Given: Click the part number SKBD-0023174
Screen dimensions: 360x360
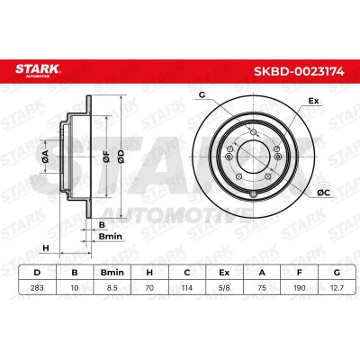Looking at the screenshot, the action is (x=299, y=71).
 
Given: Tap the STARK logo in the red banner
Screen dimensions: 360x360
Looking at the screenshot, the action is (x=38, y=70).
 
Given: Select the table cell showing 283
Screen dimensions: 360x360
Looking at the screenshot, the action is (x=37, y=288).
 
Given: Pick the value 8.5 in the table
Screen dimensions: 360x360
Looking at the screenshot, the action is (x=112, y=288).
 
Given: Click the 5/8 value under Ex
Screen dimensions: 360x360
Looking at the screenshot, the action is (x=224, y=288).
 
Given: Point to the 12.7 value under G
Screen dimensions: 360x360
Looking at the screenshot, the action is (x=337, y=288).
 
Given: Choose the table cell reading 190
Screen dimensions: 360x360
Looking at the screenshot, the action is (x=299, y=288).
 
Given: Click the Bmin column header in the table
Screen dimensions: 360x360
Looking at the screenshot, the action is (x=112, y=273).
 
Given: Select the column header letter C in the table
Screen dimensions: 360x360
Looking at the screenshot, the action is (x=187, y=273).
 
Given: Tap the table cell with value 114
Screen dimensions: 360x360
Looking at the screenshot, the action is (x=187, y=288).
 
